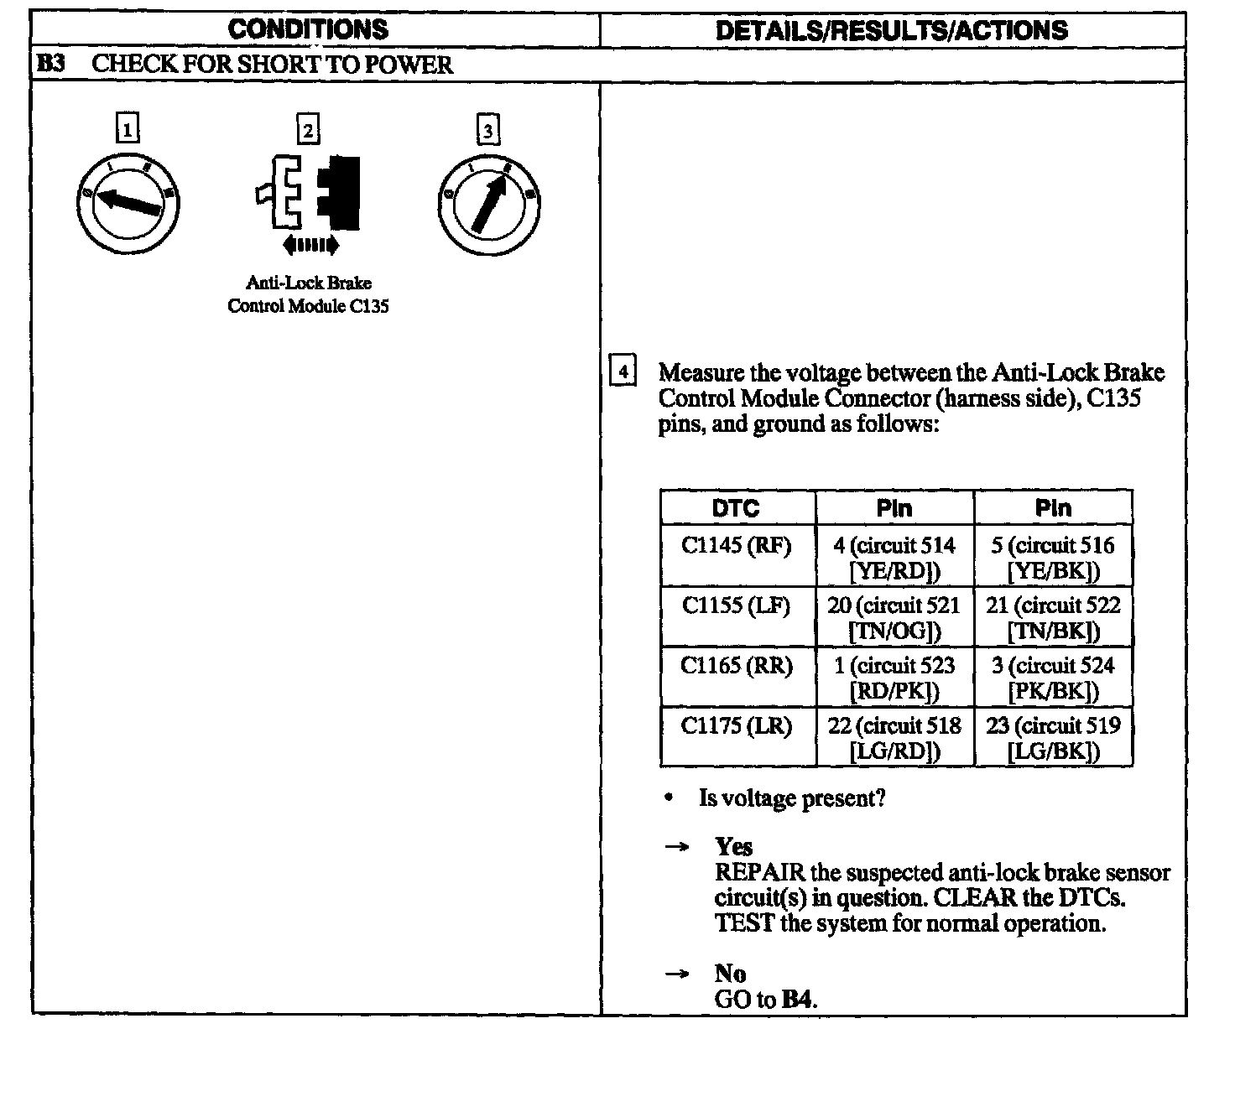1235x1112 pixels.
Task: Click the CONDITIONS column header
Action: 308,30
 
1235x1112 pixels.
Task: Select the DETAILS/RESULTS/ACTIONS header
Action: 891,31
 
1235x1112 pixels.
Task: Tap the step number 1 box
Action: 127,129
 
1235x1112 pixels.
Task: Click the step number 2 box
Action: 308,130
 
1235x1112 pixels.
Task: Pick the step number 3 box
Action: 487,130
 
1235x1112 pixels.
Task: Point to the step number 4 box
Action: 622,370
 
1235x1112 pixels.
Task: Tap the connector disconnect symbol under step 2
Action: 309,192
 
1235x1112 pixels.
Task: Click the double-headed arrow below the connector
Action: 310,245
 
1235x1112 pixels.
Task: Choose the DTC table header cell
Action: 736,508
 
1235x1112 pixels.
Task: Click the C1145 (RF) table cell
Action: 736,546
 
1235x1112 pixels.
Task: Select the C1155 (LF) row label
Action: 736,605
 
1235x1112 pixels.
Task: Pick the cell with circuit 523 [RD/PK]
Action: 894,678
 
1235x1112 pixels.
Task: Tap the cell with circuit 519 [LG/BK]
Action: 1053,738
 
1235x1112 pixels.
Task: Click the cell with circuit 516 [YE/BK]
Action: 1053,558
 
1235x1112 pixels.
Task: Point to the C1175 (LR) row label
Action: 736,725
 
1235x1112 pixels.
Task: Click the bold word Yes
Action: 733,846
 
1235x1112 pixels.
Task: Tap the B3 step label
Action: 52,65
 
